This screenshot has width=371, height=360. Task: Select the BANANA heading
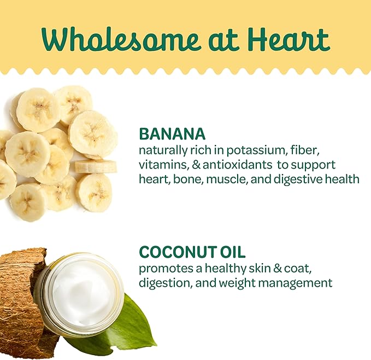click(x=172, y=134)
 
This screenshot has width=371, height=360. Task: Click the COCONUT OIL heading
click(x=192, y=252)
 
